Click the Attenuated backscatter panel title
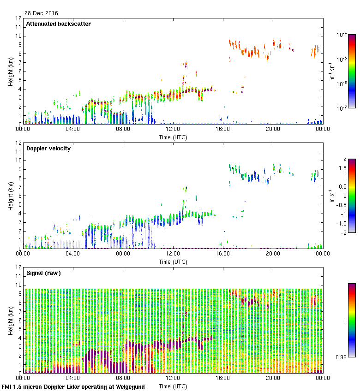tap(58, 24)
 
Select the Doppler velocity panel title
tap(48, 148)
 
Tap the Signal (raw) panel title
tap(43, 273)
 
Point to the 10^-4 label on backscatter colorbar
tap(342, 35)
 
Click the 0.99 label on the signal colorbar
tap(341, 357)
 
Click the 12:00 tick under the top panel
tap(173, 129)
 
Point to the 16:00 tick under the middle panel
tap(223, 253)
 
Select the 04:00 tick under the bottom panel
tap(73, 378)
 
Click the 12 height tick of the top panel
tap(18, 18)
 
